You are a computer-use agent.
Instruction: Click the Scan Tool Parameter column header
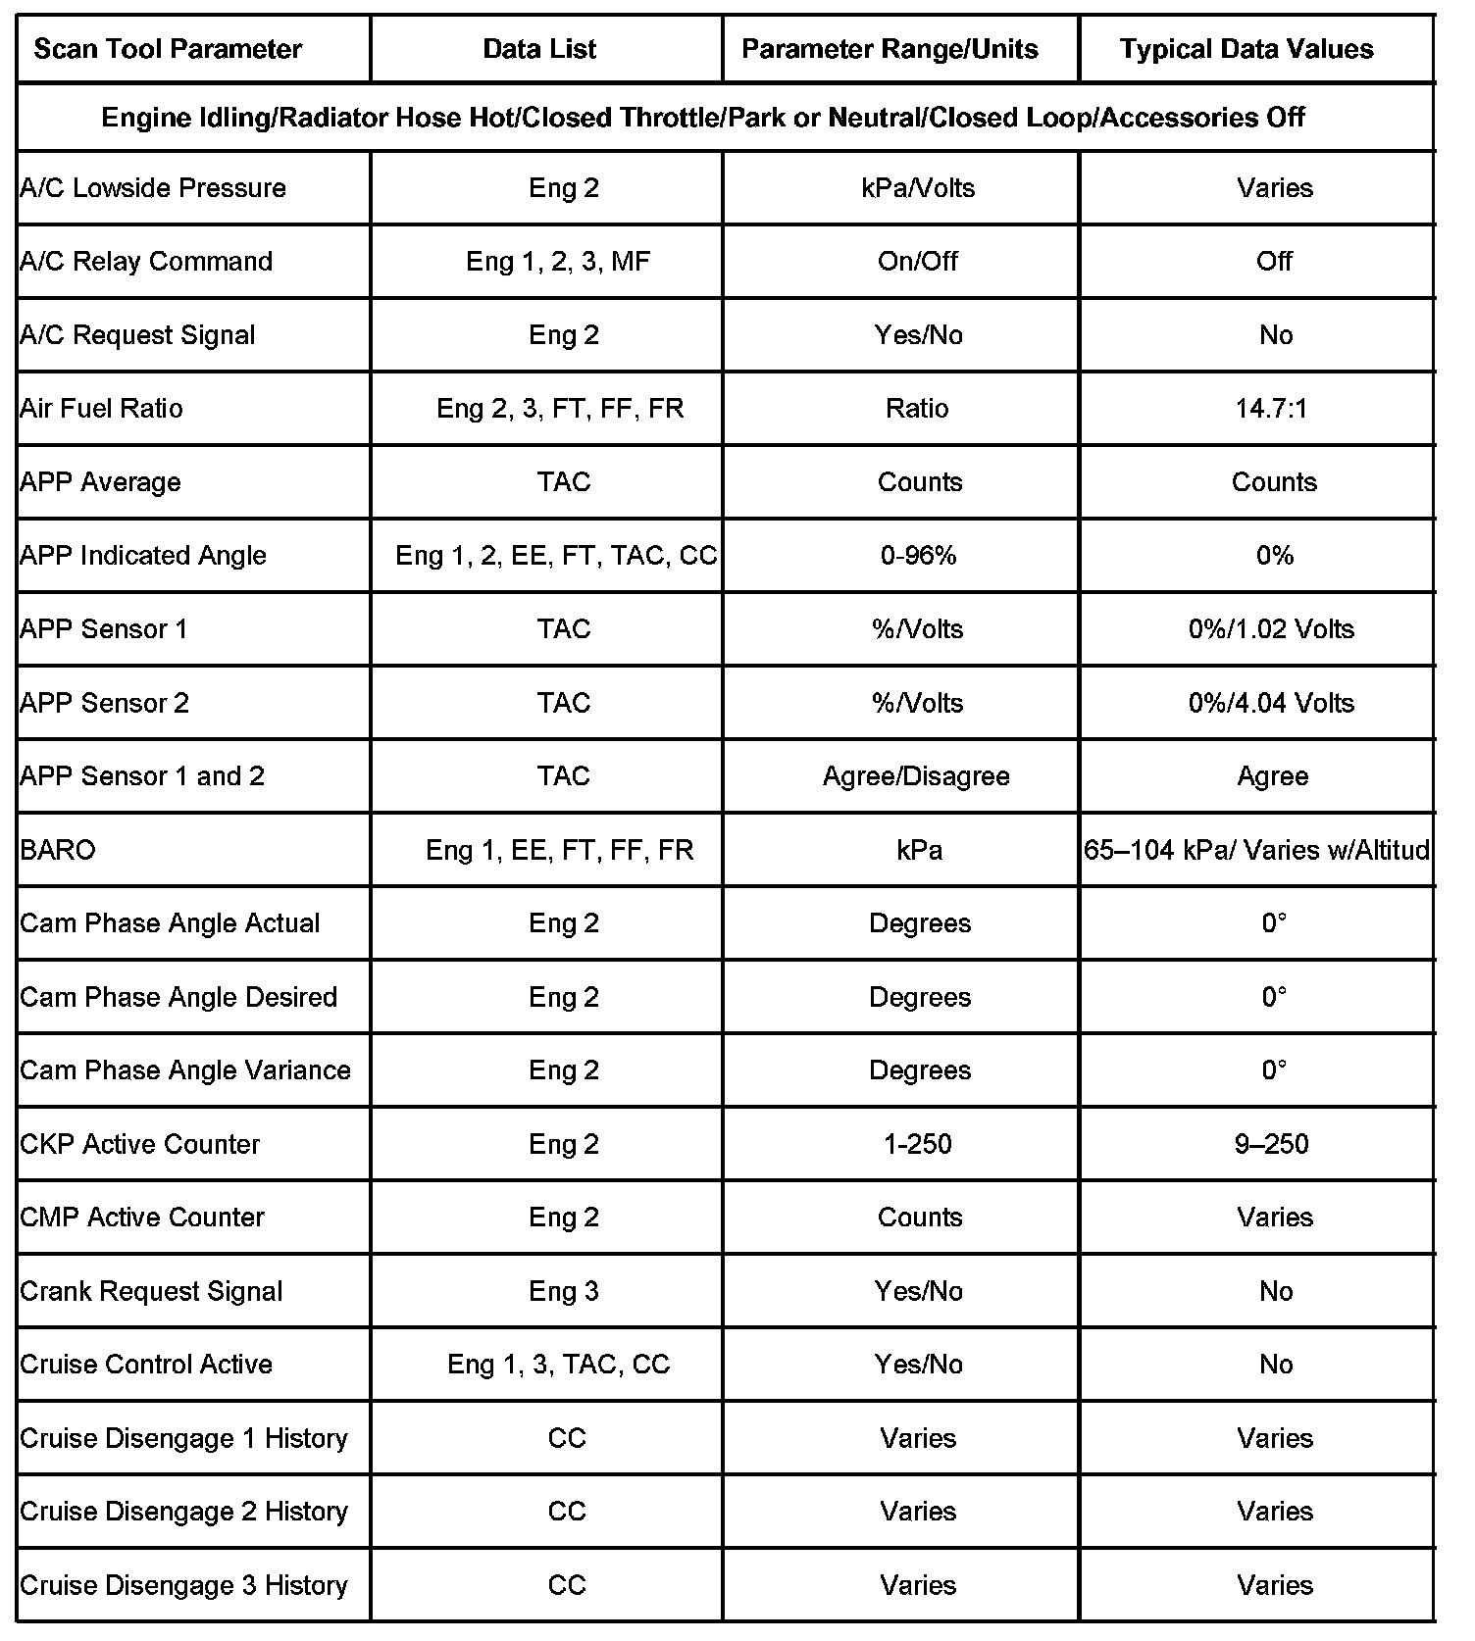click(168, 49)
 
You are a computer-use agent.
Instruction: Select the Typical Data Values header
click(1246, 49)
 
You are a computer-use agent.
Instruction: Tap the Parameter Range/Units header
click(890, 49)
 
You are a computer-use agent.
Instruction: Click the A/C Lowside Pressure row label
click(153, 188)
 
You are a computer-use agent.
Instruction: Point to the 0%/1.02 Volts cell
click(1271, 629)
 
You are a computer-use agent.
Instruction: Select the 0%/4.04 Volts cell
click(1271, 703)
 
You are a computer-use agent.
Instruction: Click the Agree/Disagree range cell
click(916, 776)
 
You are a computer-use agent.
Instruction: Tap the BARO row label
click(58, 850)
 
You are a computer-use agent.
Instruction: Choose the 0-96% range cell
click(918, 556)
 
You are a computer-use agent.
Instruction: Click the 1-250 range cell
click(918, 1144)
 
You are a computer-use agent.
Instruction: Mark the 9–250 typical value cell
click(1272, 1144)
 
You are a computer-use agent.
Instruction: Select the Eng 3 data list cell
click(563, 1291)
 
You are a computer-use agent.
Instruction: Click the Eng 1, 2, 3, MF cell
click(558, 262)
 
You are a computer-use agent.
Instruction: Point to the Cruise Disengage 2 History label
click(184, 1512)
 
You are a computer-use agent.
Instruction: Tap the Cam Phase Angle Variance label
click(185, 1070)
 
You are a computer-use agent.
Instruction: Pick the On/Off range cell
click(918, 262)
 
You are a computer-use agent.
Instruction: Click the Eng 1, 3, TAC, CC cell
click(558, 1365)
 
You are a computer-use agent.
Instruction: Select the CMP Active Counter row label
click(142, 1218)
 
